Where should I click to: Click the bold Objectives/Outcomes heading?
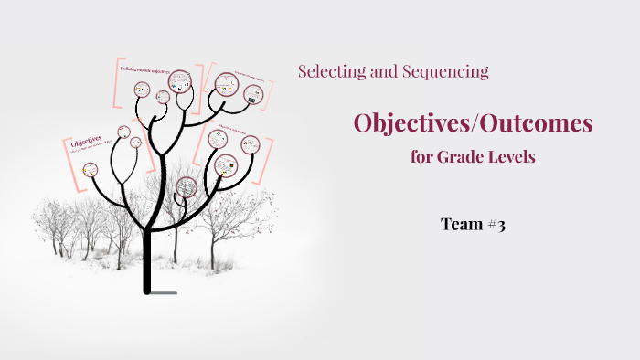[473, 122]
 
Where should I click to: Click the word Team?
[461, 224]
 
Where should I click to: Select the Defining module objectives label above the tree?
[146, 69]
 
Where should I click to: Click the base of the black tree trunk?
[147, 288]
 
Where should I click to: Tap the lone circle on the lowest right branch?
[186, 188]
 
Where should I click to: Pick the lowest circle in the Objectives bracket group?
[90, 169]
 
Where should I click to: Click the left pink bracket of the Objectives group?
[67, 164]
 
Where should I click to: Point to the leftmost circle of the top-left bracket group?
[142, 90]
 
